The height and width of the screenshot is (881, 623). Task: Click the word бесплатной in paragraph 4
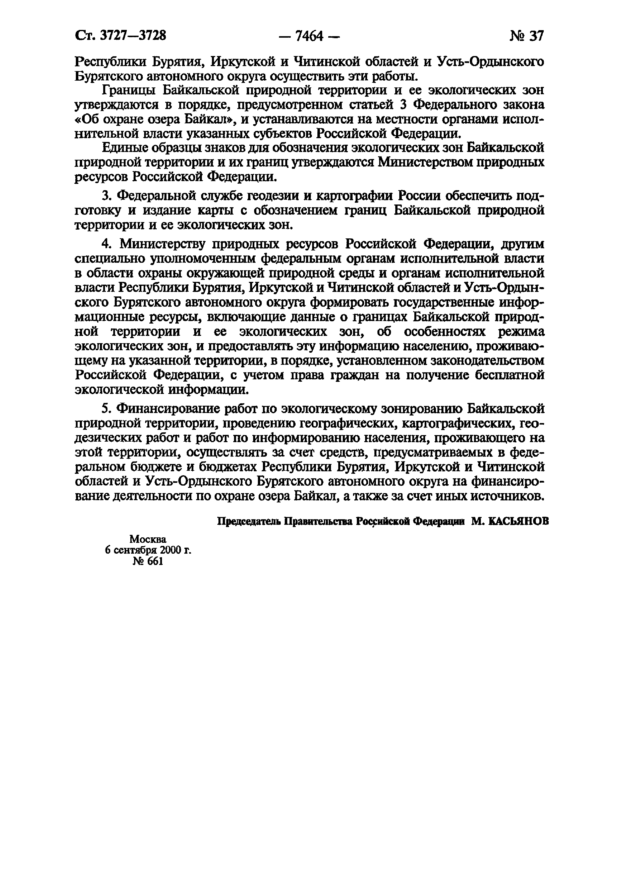[509, 375]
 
